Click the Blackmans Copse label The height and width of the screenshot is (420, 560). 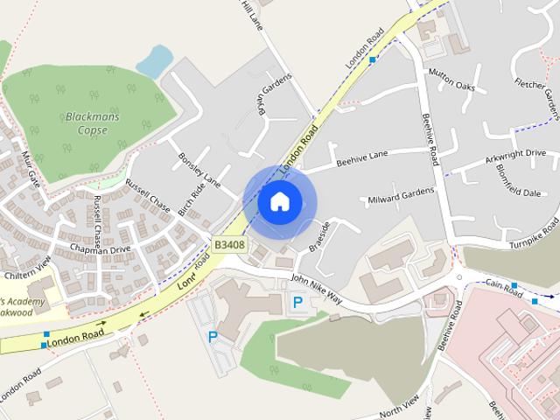click(87, 122)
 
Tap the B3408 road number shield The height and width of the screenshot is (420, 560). click(228, 245)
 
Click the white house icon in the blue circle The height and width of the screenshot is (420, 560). click(279, 201)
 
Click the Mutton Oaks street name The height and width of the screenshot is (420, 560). click(451, 80)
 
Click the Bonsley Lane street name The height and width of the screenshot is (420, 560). click(199, 168)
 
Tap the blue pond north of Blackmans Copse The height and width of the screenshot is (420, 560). click(154, 61)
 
